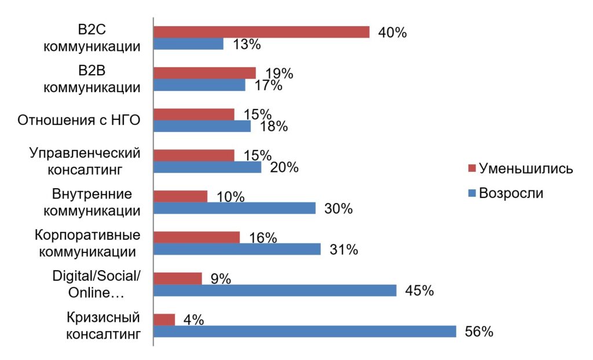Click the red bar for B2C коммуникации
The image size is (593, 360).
(x=261, y=32)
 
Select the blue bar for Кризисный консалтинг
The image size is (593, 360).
(x=305, y=332)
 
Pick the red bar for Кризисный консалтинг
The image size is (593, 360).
(x=164, y=319)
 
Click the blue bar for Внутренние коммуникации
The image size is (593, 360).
(x=235, y=208)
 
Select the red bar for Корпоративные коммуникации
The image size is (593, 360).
(x=196, y=237)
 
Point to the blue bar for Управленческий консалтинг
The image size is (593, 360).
(x=207, y=167)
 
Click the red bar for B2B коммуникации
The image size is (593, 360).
(x=204, y=73)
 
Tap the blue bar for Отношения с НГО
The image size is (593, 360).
(x=202, y=126)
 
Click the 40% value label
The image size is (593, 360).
(x=392, y=32)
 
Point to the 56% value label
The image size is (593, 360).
(x=479, y=332)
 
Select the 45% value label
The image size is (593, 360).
(x=419, y=291)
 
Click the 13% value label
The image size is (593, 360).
(x=246, y=44)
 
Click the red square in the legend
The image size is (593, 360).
(x=471, y=169)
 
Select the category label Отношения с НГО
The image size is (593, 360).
(x=79, y=120)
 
